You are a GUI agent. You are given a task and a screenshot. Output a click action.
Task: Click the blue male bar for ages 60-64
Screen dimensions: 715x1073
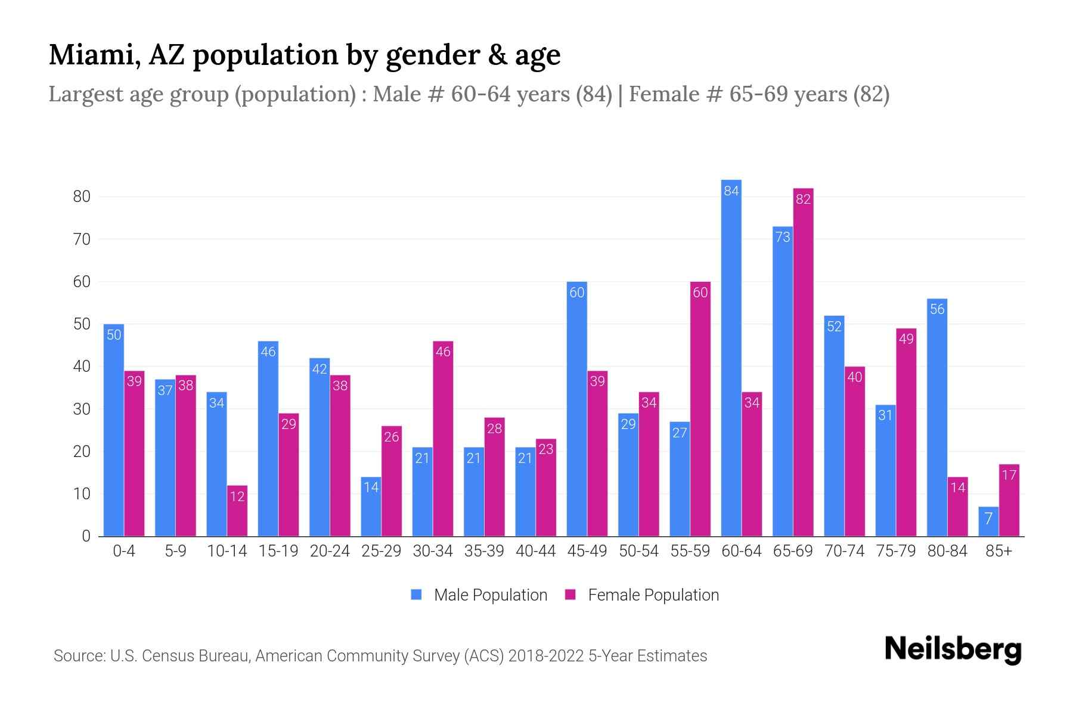click(x=731, y=357)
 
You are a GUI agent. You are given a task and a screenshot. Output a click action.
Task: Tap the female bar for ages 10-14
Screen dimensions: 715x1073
click(x=237, y=511)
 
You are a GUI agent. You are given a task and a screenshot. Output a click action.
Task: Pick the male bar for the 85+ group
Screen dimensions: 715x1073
click(x=988, y=522)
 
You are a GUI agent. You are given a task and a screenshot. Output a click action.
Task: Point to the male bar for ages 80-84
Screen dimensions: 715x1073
click(x=937, y=417)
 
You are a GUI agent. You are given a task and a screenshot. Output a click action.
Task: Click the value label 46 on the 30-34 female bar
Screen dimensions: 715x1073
click(x=443, y=352)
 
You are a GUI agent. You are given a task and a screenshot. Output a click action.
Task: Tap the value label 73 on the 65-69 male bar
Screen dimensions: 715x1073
click(x=782, y=237)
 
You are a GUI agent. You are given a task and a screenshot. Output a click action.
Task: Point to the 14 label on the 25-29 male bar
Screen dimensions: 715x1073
click(x=371, y=487)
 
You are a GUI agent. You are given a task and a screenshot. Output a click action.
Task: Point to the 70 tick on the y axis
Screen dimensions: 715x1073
click(x=82, y=240)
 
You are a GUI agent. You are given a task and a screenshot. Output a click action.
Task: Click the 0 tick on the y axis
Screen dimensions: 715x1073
click(x=86, y=536)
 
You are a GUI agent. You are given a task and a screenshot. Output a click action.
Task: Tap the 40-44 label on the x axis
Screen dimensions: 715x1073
click(x=535, y=551)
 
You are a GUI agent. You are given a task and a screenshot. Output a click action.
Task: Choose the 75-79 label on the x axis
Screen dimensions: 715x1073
click(x=895, y=551)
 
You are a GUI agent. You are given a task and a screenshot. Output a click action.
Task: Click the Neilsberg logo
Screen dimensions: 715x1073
click(x=953, y=649)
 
